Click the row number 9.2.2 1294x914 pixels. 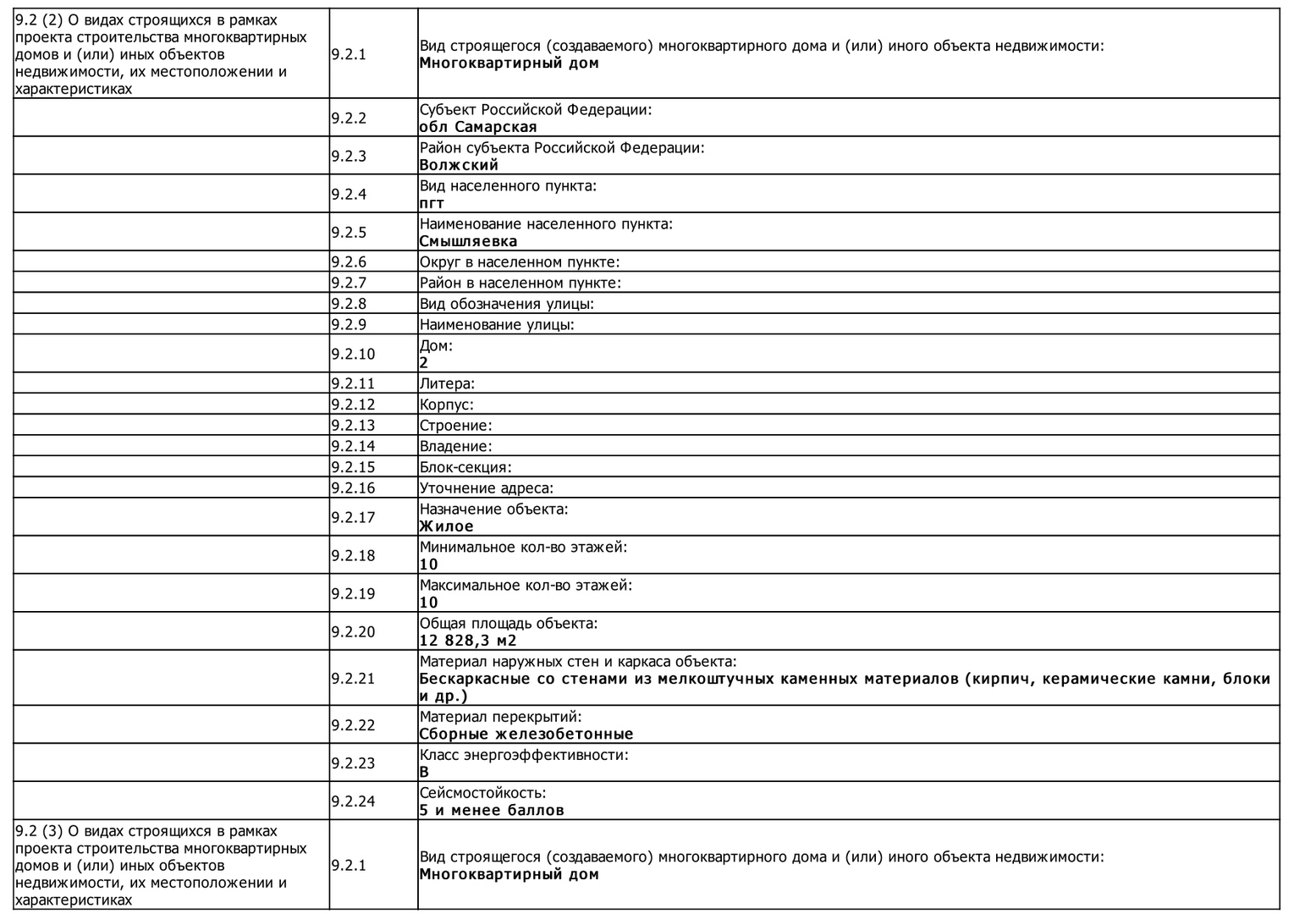pos(349,118)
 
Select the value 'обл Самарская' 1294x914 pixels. pos(478,127)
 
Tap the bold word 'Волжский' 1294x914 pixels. pos(459,165)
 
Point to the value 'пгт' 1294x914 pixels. pos(432,203)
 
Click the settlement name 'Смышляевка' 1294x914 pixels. pos(468,241)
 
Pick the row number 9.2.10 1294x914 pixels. pos(353,354)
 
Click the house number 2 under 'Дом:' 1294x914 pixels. pos(424,362)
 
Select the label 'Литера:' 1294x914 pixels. pos(447,383)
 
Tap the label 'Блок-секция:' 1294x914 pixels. pos(465,467)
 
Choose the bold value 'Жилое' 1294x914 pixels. pos(446,526)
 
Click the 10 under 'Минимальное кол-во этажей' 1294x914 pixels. pos(429,564)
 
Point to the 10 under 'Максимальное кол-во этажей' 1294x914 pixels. pos(429,603)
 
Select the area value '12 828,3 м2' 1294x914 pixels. pos(468,641)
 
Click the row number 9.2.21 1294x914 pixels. pos(353,678)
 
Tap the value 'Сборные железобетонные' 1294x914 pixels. pos(526,734)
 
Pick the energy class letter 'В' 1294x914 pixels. pos(424,772)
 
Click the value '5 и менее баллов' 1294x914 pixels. pos(492,810)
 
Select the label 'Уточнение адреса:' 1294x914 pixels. pos(487,488)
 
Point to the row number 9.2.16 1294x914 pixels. pos(353,487)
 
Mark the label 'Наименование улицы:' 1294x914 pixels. pos(497,324)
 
